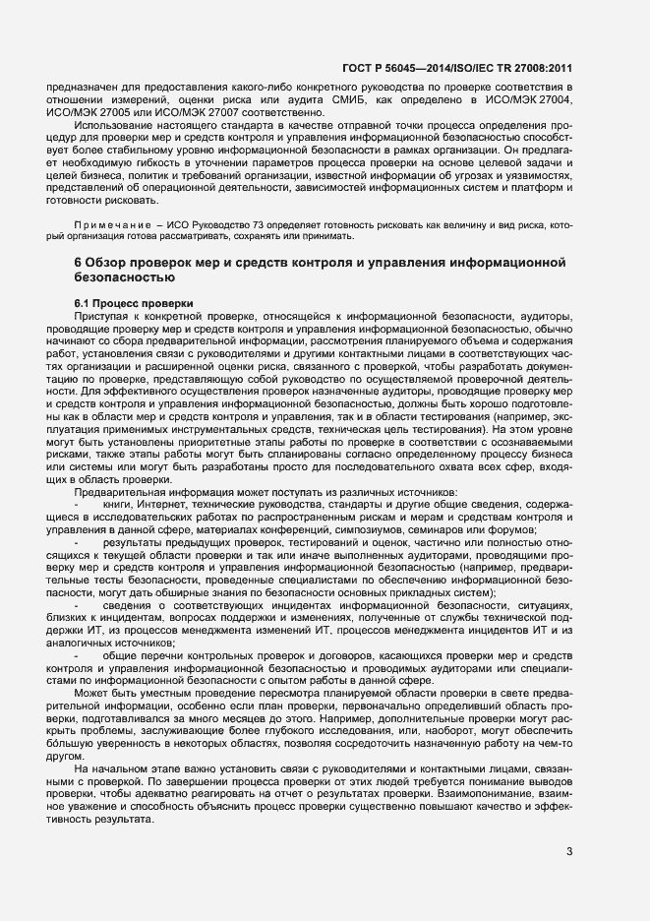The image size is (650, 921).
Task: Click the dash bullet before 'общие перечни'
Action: point(76,654)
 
